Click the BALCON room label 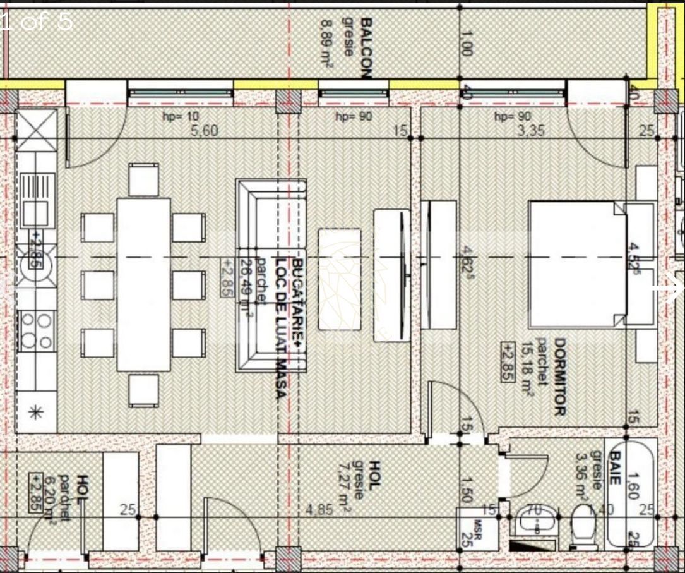364,47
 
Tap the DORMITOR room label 559,377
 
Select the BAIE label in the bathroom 614,467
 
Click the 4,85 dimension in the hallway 320,509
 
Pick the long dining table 143,284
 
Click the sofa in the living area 270,275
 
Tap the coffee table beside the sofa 339,279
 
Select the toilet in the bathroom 584,526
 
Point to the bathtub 631,493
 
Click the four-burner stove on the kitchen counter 36,330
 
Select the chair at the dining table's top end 143,179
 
